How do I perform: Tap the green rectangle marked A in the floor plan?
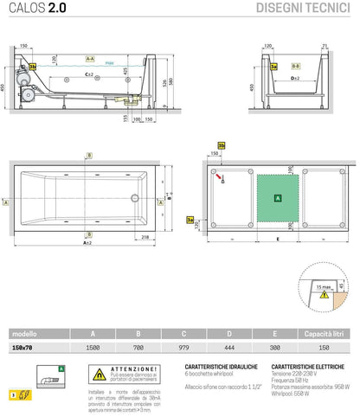276,198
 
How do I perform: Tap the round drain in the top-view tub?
134,195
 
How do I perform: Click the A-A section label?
89,58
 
